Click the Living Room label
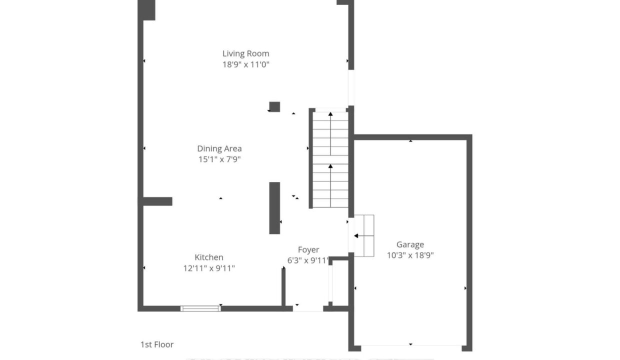coord(246,53)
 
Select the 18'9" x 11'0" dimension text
coord(246,64)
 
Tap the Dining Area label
coord(219,148)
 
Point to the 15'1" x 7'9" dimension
coord(219,159)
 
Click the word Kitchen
coord(209,257)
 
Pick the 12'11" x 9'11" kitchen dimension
coord(209,268)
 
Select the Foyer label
coord(308,250)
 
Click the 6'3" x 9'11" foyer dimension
coord(308,260)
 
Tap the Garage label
coord(410,244)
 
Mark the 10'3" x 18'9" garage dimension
coord(410,255)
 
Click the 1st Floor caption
coord(157,344)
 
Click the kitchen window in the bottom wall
coord(200,308)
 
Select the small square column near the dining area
coord(274,107)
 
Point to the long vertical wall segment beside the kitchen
coord(274,208)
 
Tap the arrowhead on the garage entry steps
coord(356,236)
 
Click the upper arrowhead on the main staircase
coord(330,113)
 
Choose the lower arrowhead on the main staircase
coord(330,166)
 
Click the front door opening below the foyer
coord(308,309)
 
